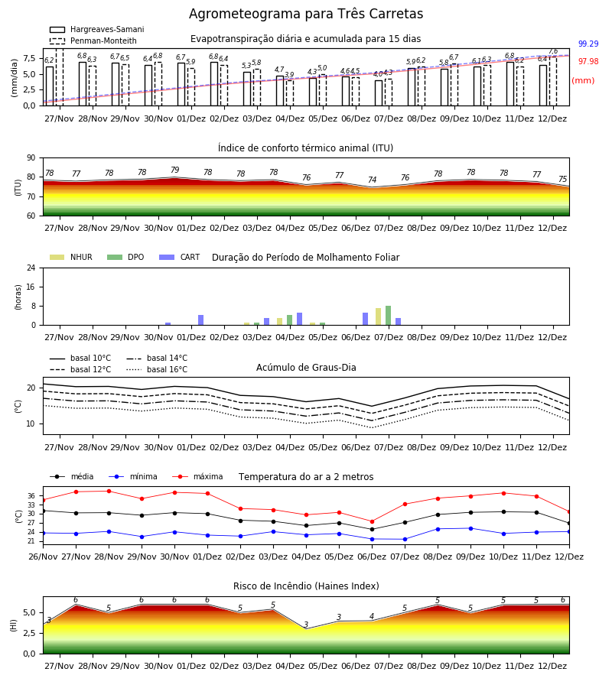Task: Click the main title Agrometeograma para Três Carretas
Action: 306,14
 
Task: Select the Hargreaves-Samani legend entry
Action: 97,29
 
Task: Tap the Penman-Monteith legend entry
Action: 93,41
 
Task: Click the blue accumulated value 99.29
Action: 588,44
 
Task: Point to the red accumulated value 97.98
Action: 588,61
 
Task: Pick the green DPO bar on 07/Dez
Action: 388,316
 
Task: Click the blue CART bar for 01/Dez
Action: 200,320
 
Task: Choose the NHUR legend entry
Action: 71,257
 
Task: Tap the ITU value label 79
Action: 174,170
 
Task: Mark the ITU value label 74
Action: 373,180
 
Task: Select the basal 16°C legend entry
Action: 157,369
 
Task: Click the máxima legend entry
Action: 197,476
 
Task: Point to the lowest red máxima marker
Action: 373,521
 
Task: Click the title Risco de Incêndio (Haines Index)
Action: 306,586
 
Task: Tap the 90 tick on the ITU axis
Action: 31,158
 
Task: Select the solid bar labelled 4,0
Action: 379,93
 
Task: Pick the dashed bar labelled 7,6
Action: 553,81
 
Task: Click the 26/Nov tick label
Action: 43,557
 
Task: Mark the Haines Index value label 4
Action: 372,616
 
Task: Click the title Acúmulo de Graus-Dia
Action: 306,368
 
